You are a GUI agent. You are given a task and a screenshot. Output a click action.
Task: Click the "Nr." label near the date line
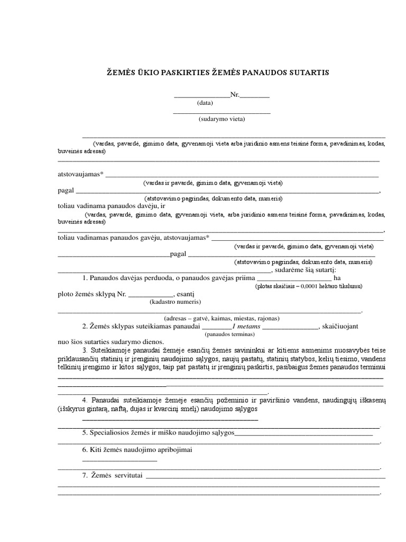(x=235, y=95)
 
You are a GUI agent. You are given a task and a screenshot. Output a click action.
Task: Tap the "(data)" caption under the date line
(x=205, y=103)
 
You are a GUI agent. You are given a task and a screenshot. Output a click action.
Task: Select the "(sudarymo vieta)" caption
(x=222, y=119)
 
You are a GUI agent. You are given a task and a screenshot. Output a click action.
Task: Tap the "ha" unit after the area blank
(x=337, y=278)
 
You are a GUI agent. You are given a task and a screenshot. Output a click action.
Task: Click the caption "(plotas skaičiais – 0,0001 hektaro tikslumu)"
(x=308, y=286)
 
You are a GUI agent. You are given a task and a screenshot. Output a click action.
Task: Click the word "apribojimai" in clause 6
(x=180, y=449)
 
